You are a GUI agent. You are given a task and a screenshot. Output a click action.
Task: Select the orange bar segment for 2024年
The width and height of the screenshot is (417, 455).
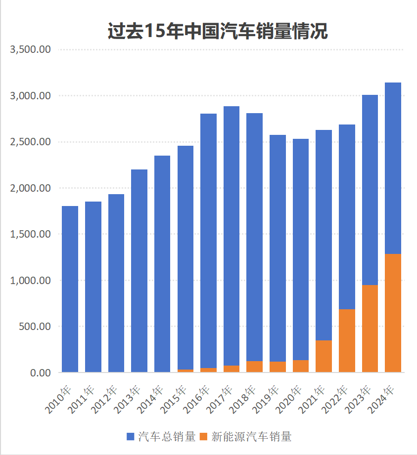tap(393, 313)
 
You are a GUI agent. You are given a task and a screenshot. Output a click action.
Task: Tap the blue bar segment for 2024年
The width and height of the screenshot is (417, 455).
tap(393, 168)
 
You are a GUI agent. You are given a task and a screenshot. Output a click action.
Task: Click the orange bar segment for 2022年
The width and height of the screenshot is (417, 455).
tap(347, 340)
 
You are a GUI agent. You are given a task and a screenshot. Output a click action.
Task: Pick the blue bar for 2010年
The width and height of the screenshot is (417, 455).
tap(70, 289)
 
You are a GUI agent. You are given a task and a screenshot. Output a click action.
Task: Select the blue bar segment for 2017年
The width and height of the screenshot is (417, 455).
tap(232, 236)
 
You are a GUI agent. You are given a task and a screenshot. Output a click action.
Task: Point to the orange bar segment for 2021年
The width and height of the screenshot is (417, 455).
tap(324, 356)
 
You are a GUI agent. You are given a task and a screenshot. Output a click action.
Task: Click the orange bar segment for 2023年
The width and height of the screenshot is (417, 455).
tap(370, 329)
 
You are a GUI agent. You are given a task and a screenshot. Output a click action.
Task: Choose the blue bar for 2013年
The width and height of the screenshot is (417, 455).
tap(139, 271)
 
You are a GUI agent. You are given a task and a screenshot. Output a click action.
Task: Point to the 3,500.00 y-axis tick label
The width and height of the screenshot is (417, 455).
tap(30, 49)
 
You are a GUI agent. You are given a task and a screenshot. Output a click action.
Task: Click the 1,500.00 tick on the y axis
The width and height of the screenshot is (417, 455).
tap(30, 234)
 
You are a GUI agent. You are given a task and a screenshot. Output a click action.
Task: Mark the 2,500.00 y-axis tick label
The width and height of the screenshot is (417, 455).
tap(30, 142)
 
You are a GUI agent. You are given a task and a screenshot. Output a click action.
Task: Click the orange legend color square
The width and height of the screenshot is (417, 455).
tap(204, 437)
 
